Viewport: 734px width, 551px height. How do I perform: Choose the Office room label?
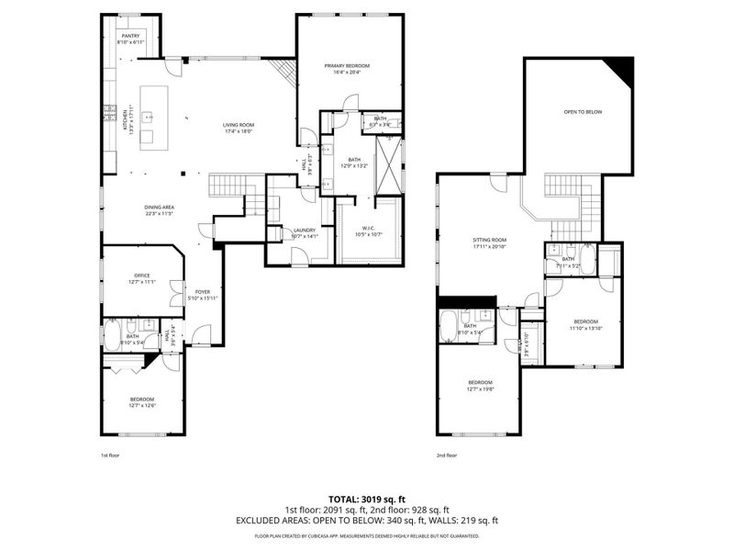[141, 277]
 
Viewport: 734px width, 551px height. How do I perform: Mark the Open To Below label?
[583, 112]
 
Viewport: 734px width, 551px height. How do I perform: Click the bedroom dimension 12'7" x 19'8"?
[481, 388]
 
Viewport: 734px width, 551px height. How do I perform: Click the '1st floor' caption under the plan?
[109, 455]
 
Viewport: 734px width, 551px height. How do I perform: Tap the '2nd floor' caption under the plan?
[446, 455]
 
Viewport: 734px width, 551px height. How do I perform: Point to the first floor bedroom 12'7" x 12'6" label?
[141, 402]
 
